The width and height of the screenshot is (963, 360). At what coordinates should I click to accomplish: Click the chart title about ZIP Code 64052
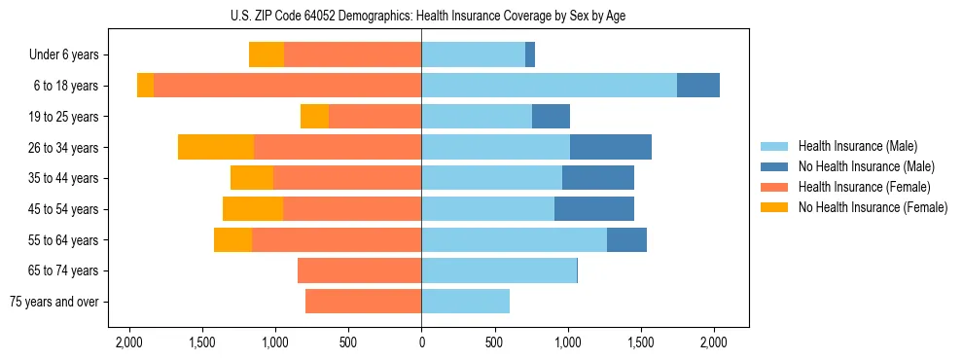[x=421, y=15]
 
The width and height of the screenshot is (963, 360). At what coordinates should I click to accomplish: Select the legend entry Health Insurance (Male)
[x=856, y=147]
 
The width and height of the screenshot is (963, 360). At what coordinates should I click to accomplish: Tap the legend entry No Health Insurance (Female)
[x=873, y=207]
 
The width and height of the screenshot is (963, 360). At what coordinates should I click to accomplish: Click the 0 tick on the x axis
[x=421, y=342]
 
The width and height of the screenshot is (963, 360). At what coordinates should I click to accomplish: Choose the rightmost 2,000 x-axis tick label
[x=714, y=342]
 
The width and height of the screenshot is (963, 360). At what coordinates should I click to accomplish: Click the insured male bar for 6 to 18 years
[x=549, y=86]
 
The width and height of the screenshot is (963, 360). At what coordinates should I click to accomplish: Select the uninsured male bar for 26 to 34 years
[x=611, y=147]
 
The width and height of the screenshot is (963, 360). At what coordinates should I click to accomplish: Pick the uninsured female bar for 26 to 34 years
[x=216, y=147]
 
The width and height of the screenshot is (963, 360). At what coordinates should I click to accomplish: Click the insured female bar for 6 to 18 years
[x=287, y=86]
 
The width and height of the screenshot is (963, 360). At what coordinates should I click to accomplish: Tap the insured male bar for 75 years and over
[x=465, y=302]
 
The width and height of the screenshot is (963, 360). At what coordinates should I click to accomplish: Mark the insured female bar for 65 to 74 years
[x=359, y=270]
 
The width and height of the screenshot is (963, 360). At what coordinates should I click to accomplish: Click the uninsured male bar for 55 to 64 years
[x=626, y=239]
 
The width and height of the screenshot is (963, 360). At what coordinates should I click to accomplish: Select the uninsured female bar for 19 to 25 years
[x=314, y=117]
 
